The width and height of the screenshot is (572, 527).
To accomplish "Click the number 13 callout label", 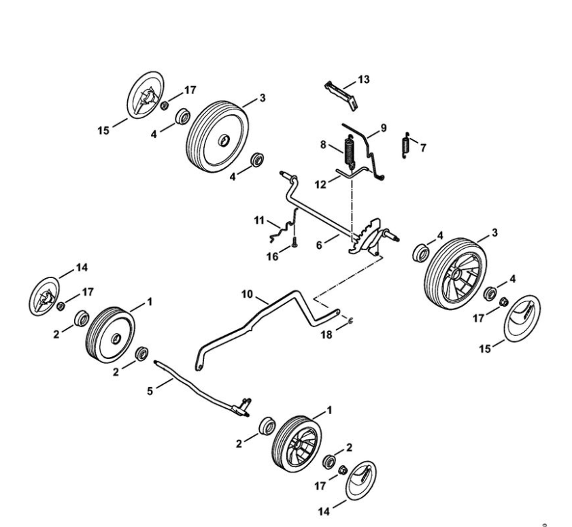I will tap(364, 80).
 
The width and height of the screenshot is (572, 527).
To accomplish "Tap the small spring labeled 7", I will tap(407, 143).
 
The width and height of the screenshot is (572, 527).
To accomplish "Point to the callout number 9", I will tap(383, 127).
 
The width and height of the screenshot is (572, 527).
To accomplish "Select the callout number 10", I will tap(246, 294).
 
